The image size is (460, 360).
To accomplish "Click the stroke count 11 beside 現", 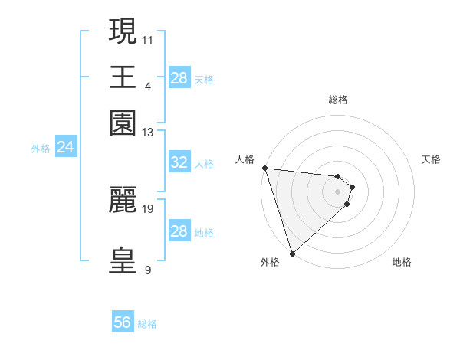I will (x=148, y=38).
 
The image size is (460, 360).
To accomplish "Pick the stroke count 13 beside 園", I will (x=148, y=133).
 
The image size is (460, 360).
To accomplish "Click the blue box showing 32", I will (x=179, y=162).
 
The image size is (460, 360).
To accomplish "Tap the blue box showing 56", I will (x=122, y=322).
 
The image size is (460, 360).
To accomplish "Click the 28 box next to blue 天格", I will (x=179, y=78).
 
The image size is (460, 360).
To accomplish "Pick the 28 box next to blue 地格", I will (x=179, y=231).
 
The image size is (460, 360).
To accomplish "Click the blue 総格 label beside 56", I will (x=147, y=324).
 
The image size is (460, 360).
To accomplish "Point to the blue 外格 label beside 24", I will (x=41, y=149).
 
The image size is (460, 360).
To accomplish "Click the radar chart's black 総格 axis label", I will (x=338, y=100).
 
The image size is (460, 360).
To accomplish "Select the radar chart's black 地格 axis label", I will (x=402, y=262).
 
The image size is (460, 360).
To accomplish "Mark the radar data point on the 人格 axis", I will (x=264, y=168).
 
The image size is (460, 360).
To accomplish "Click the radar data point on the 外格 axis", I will (x=292, y=253).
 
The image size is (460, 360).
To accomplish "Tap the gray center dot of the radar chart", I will (x=338, y=191).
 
